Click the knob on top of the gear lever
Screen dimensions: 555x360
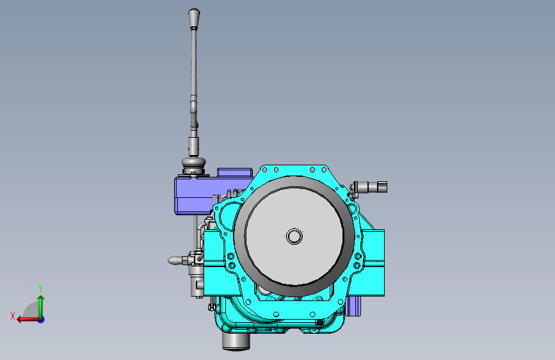194,19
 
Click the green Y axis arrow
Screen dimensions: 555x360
41,307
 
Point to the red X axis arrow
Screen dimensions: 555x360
29,320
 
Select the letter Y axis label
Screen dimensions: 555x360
40,288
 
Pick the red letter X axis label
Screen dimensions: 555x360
13,316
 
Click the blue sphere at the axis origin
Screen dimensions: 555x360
42,320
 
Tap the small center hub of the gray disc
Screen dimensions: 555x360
294,236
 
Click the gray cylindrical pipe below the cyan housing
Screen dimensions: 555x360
236,341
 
